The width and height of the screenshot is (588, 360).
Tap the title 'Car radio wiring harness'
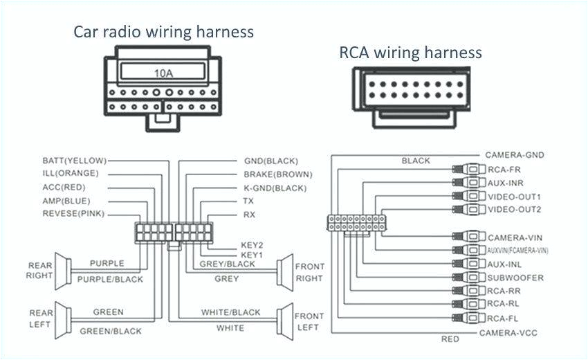tap(164, 32)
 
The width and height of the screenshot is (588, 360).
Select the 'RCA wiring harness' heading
tap(410, 53)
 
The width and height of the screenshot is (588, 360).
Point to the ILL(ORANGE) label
tap(71, 174)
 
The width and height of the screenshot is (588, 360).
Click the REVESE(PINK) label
tap(73, 214)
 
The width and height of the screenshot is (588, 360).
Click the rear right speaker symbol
tap(62, 271)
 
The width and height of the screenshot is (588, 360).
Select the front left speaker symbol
tap(284, 319)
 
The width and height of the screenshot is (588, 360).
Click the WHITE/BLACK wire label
tap(230, 313)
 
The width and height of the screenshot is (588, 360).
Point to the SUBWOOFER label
tap(515, 278)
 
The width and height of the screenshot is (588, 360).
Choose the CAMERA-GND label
tap(515, 155)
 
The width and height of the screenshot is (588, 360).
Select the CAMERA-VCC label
tap(508, 333)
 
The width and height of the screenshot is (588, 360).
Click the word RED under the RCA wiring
tap(450, 339)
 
